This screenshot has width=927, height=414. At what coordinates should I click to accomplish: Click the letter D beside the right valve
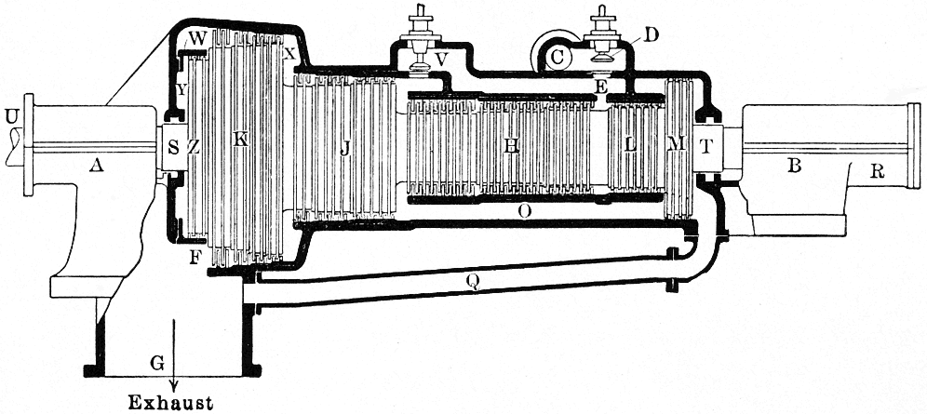651,36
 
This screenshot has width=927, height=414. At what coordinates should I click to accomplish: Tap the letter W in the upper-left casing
196,39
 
